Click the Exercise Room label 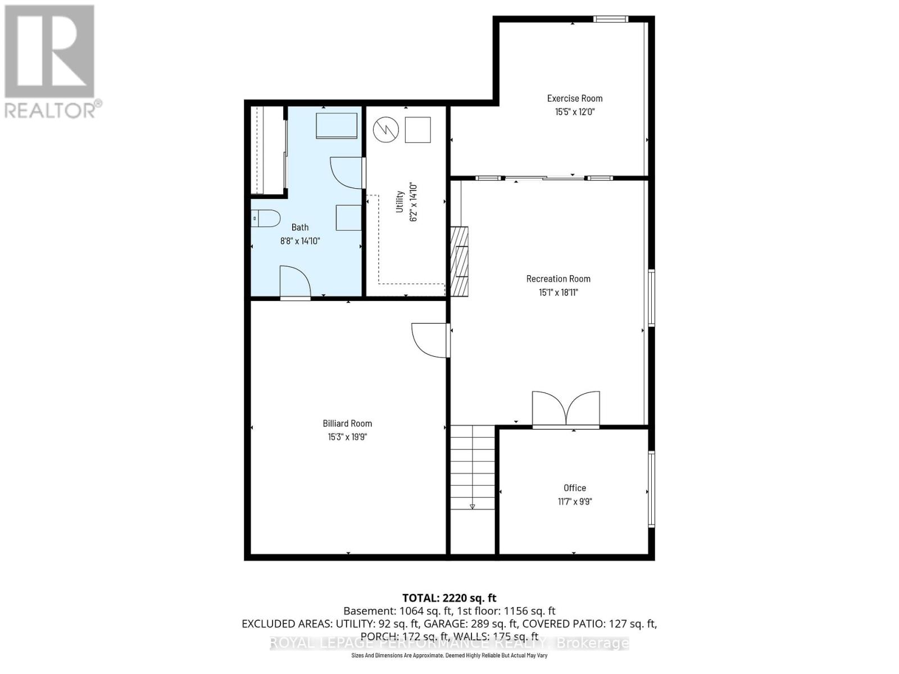tap(574, 98)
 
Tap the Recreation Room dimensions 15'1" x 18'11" tap(558, 292)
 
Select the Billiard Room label tap(347, 423)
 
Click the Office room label tap(574, 488)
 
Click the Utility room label tap(400, 202)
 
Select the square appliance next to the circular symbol tap(417, 130)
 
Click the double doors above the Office tap(566, 408)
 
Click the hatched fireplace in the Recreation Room tap(459, 261)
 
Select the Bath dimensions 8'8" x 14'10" tap(300, 241)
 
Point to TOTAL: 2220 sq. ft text tap(449, 598)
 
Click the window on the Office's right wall tap(651, 489)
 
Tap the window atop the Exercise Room tap(611, 20)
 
